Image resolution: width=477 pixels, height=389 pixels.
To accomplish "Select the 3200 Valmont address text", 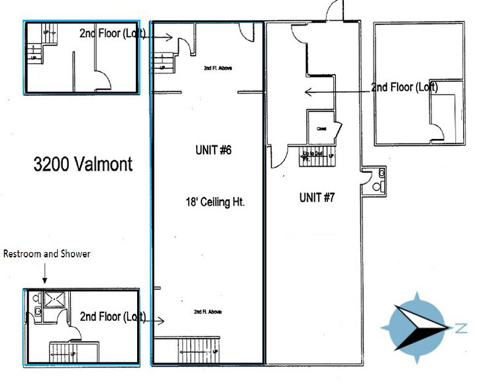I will [x=83, y=164].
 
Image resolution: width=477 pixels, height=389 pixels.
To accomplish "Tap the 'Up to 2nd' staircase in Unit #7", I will [x=317, y=159].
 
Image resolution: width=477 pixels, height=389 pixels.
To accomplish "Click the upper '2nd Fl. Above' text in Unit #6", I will [x=217, y=67].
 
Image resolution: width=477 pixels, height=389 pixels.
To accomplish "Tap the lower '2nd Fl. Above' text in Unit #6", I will [x=207, y=312].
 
